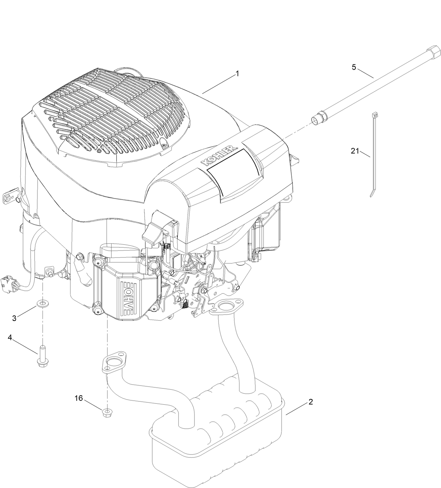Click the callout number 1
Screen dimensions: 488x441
click(237, 74)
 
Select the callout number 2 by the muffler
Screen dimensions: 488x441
click(310, 402)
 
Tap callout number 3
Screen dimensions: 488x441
click(14, 318)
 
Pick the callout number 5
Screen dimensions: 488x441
click(354, 67)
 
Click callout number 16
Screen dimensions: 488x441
click(79, 398)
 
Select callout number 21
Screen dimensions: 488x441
click(355, 151)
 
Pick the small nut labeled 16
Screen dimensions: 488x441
click(106, 413)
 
